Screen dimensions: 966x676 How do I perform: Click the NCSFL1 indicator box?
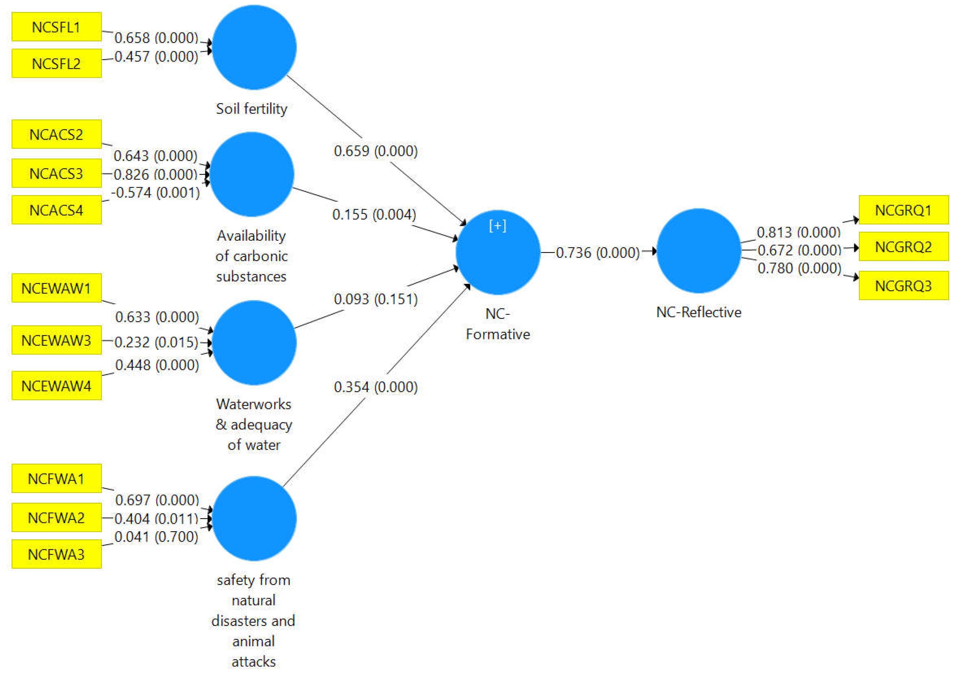(56, 27)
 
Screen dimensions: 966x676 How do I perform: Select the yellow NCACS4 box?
(56, 210)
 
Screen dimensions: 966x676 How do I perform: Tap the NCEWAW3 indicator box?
(56, 340)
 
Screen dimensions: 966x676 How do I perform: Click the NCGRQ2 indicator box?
(903, 247)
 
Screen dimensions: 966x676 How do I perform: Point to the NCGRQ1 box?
(903, 210)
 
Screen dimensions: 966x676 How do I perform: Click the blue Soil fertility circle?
(254, 47)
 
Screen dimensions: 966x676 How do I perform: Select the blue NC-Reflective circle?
(698, 251)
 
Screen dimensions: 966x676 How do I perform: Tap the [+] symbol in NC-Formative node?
(498, 226)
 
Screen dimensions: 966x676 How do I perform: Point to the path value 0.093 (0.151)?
(376, 299)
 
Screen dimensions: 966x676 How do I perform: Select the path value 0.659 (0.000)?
(376, 151)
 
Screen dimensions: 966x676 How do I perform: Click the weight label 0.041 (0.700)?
(156, 537)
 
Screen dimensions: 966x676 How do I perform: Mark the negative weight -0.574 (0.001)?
(156, 193)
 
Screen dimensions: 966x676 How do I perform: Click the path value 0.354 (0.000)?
(376, 387)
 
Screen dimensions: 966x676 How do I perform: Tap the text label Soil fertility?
(252, 108)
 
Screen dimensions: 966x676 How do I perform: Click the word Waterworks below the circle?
(254, 404)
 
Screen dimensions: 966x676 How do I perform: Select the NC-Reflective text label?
(698, 312)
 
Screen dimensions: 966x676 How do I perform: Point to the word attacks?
(254, 662)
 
